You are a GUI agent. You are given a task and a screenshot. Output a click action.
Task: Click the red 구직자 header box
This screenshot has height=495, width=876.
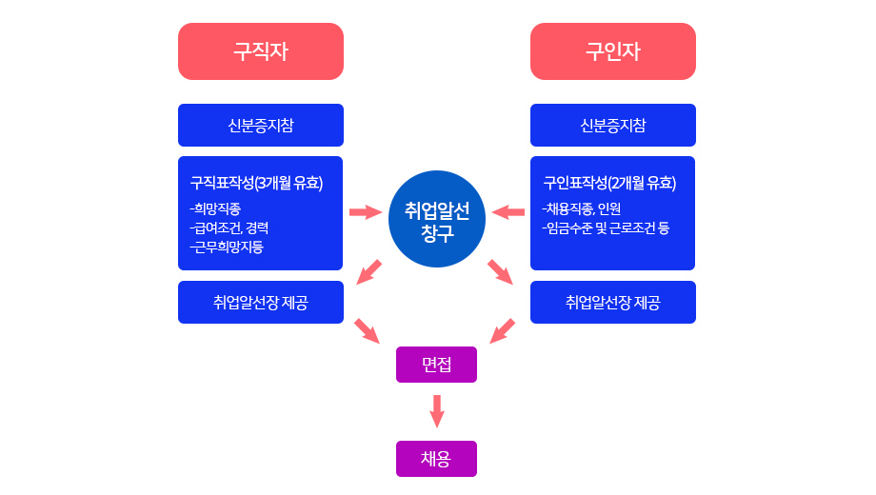(x=260, y=51)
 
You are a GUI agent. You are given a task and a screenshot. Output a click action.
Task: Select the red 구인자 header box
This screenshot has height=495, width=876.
(x=612, y=51)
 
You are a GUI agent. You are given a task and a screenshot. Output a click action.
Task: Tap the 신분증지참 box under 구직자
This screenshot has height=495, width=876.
(x=260, y=126)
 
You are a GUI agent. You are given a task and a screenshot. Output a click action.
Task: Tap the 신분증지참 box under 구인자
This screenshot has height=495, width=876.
(x=612, y=126)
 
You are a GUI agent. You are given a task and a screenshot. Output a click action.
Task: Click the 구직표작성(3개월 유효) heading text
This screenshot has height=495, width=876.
(x=256, y=183)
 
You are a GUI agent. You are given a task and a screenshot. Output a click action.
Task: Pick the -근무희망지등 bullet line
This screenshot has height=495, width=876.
(x=227, y=247)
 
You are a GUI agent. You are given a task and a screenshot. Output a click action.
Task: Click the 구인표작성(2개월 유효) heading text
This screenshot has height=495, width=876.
(x=609, y=183)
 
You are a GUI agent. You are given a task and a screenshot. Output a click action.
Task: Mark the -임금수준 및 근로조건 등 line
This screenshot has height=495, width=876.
(x=606, y=228)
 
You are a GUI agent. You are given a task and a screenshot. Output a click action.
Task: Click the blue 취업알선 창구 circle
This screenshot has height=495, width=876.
(x=437, y=219)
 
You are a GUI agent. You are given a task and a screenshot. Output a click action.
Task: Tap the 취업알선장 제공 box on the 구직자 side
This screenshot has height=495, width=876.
(x=260, y=303)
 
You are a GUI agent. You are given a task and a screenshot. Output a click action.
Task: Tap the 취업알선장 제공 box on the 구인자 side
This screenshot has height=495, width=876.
(x=612, y=303)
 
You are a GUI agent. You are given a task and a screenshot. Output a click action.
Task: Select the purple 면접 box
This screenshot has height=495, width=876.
(x=436, y=365)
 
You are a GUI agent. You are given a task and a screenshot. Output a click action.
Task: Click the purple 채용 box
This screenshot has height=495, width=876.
(x=436, y=459)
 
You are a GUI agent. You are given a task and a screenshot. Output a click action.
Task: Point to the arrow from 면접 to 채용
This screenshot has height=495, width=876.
(x=437, y=410)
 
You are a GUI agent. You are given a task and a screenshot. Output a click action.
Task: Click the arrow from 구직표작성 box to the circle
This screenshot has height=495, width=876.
(x=366, y=211)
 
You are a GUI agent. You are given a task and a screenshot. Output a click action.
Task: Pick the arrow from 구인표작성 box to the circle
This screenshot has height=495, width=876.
(x=508, y=211)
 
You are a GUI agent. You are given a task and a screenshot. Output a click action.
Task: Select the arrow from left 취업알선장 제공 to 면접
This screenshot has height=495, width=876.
(x=367, y=331)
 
